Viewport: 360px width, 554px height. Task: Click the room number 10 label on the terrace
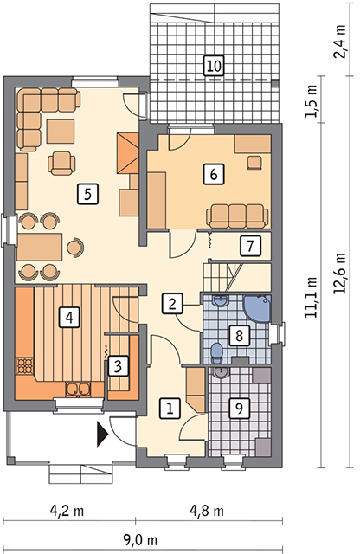tap(214, 66)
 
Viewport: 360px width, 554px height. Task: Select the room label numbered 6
tap(214, 174)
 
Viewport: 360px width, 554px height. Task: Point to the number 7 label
tap(250, 246)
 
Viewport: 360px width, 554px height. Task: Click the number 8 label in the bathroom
tap(239, 335)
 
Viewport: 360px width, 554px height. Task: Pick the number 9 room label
tap(239, 409)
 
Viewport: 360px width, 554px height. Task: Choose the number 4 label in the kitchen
tap(69, 317)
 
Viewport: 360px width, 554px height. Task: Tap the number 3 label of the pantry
tap(118, 366)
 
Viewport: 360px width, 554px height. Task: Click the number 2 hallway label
tap(172, 304)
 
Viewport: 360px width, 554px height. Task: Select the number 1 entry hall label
tap(170, 409)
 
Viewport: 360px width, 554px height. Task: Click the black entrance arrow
tap(102, 435)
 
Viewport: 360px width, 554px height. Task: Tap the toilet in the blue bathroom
tap(215, 352)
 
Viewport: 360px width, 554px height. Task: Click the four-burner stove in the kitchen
tap(25, 365)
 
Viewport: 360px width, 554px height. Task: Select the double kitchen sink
tap(78, 389)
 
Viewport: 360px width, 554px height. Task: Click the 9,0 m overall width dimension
tap(140, 540)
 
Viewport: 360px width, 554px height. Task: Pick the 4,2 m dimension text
tap(67, 511)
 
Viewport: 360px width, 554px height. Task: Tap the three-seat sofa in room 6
tap(237, 216)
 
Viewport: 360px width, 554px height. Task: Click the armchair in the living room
tap(62, 163)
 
